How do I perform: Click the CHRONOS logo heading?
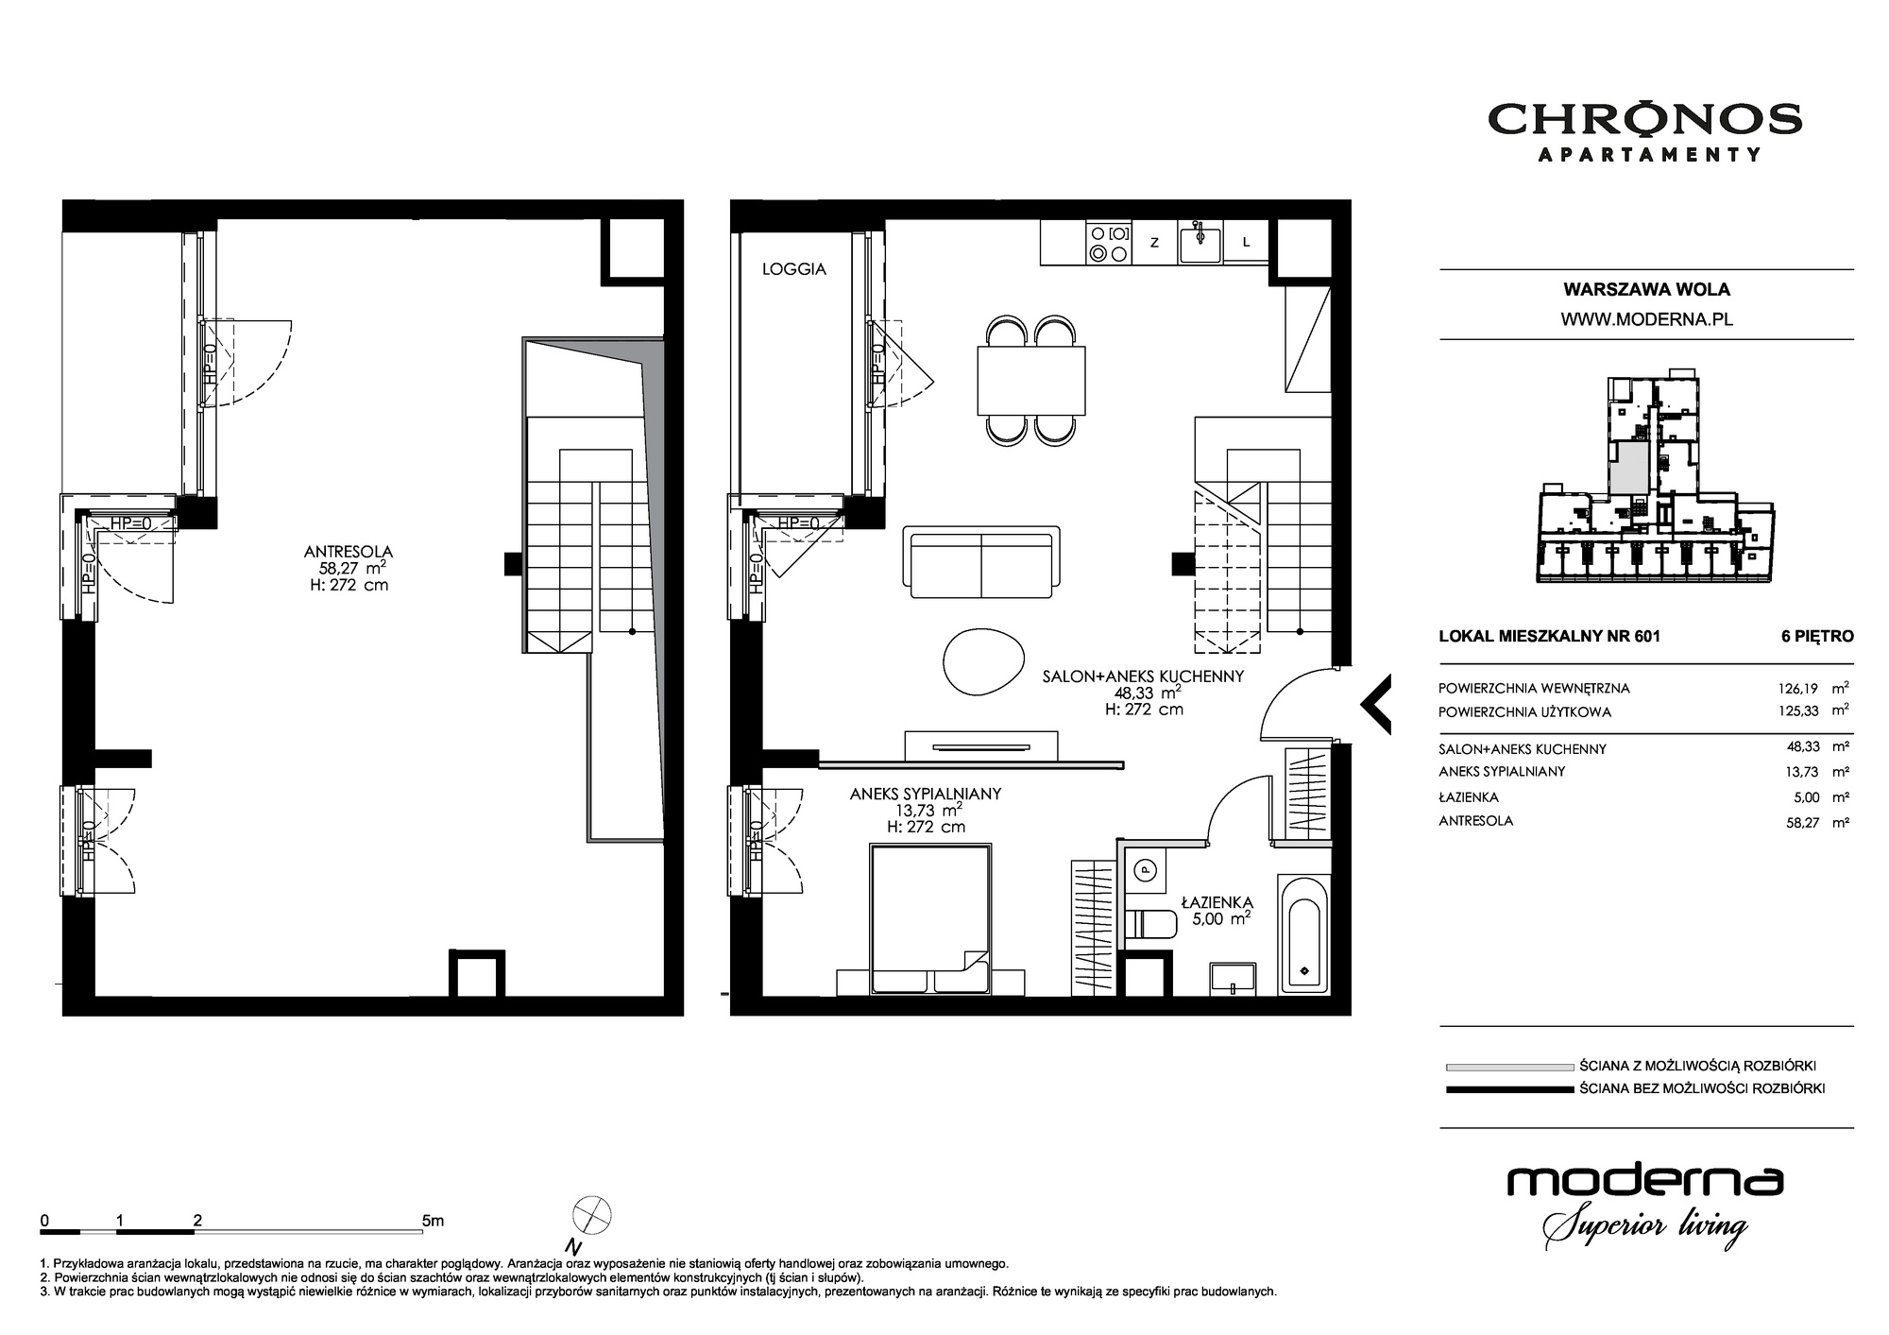pos(1645,120)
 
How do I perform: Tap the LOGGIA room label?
pos(794,269)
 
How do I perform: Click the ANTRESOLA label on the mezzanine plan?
pos(349,552)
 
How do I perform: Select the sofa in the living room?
pos(981,563)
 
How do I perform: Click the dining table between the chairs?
pos(1031,381)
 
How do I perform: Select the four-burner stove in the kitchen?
pos(1108,243)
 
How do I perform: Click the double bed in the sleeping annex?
pos(931,918)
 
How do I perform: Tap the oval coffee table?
pos(984,659)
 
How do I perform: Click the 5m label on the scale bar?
pos(433,1221)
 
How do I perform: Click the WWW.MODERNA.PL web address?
pos(1646,319)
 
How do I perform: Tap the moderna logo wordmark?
pos(1644,1181)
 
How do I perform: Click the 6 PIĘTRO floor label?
pos(1817,636)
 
